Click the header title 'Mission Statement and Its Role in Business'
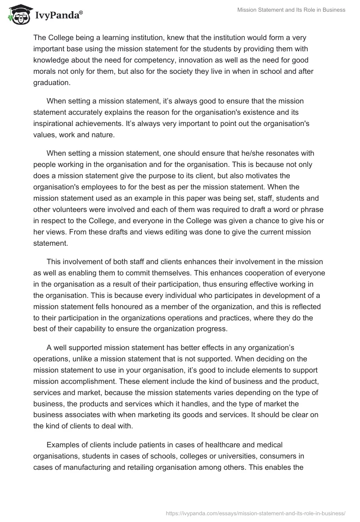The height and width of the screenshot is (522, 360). pos(291,10)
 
